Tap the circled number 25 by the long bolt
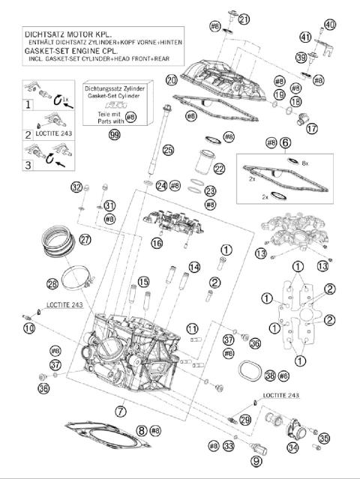[168, 151]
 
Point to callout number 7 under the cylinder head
[121, 410]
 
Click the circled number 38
[270, 374]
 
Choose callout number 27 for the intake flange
[85, 240]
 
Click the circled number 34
[292, 448]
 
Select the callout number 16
[157, 242]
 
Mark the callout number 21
[244, 19]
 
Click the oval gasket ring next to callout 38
[248, 371]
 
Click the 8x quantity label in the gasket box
[304, 162]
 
